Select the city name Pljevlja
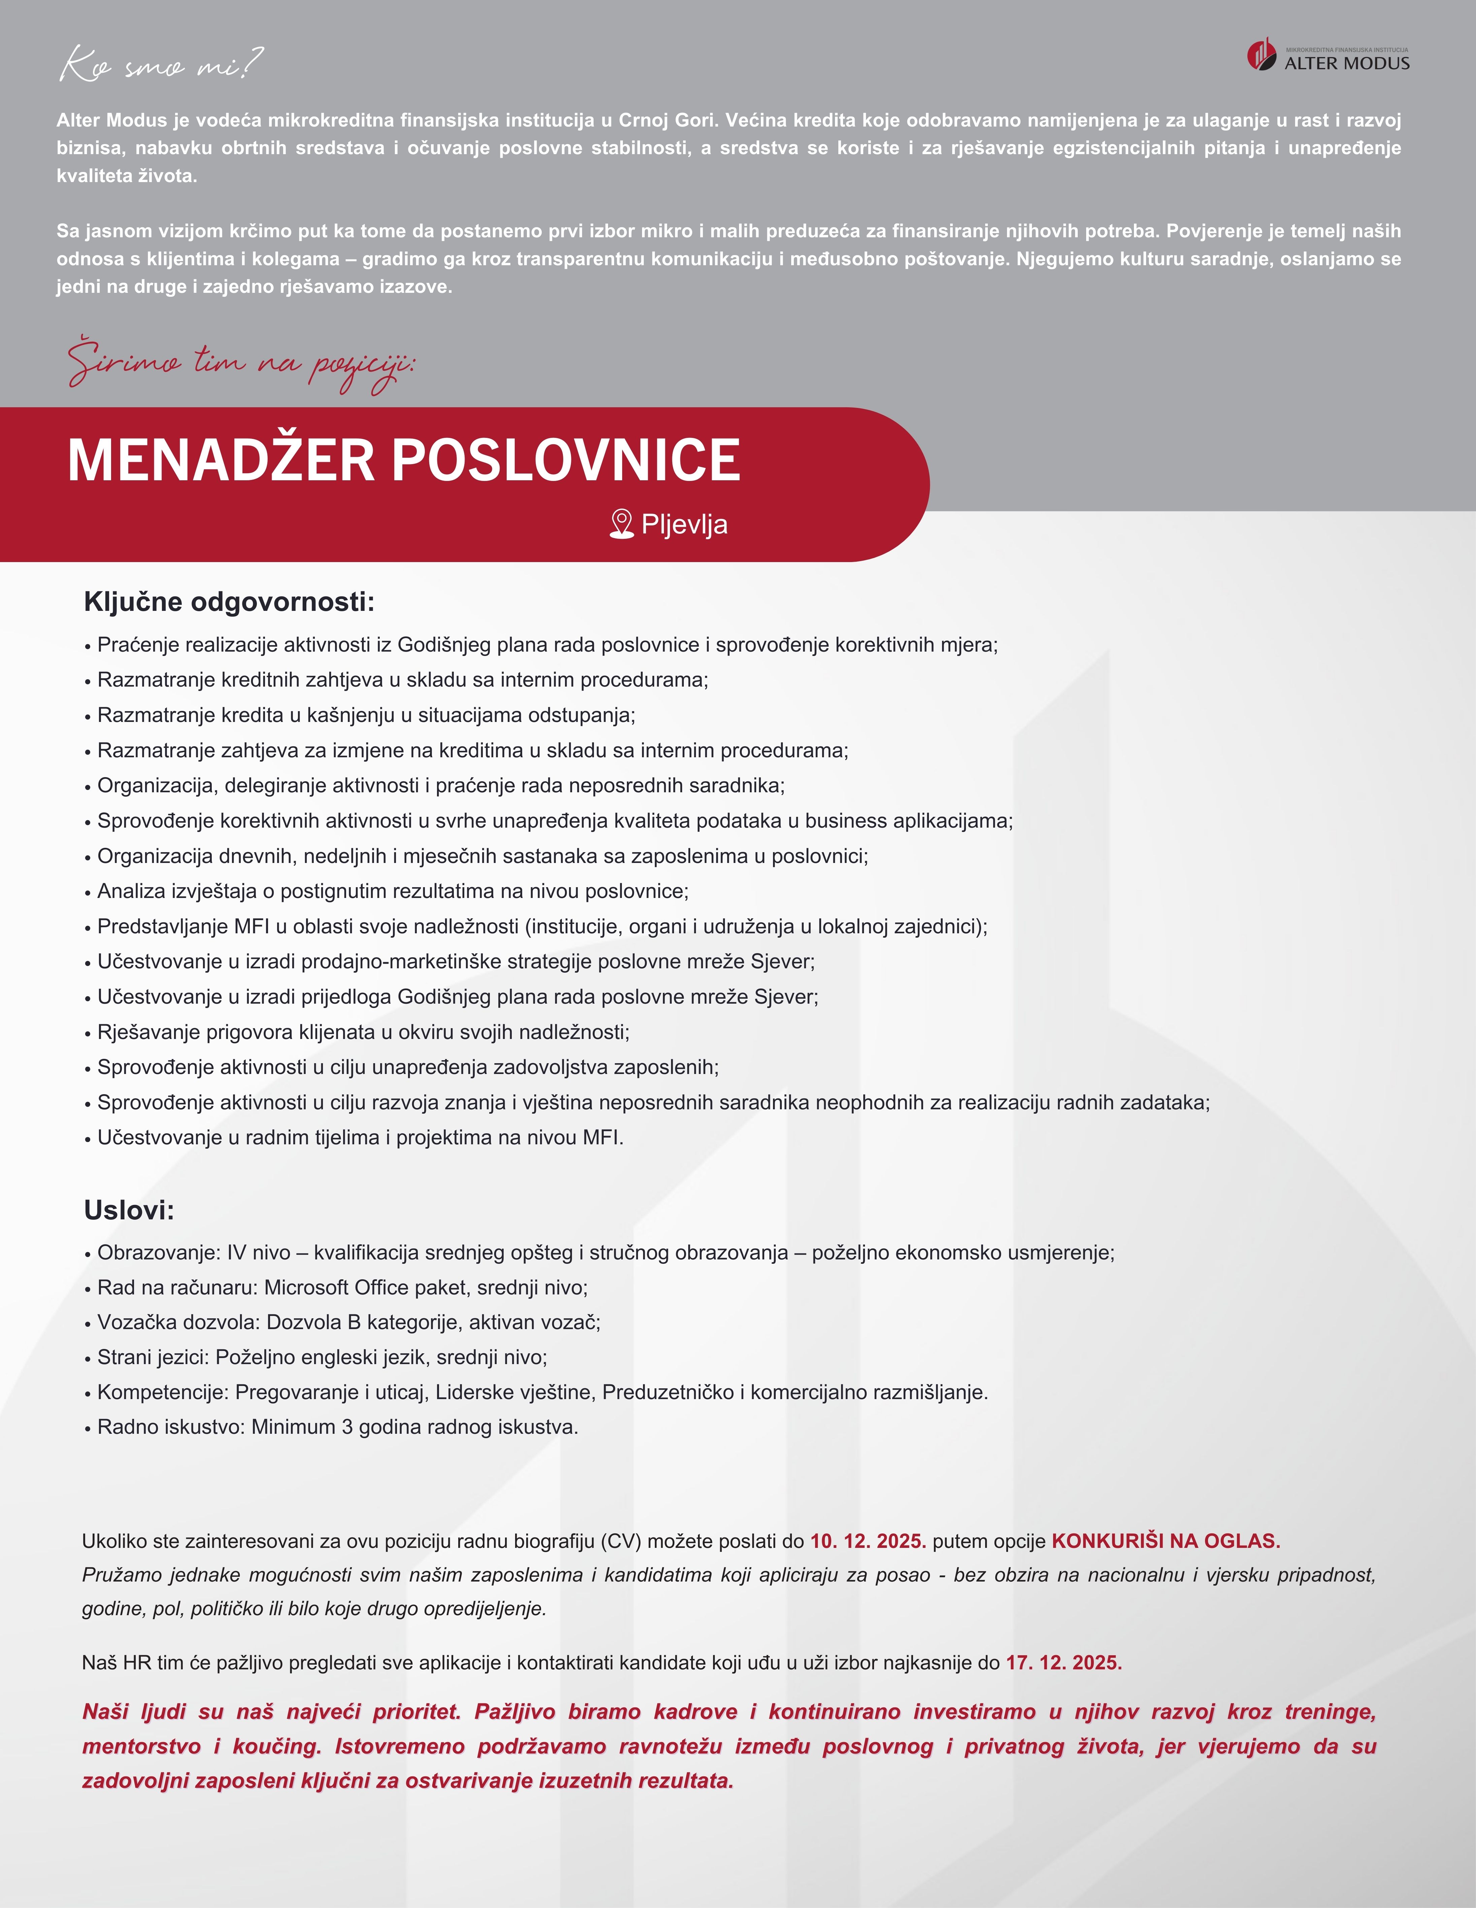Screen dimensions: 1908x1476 click(684, 524)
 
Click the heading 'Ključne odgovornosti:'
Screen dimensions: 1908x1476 click(229, 602)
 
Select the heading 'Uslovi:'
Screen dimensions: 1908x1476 click(129, 1210)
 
